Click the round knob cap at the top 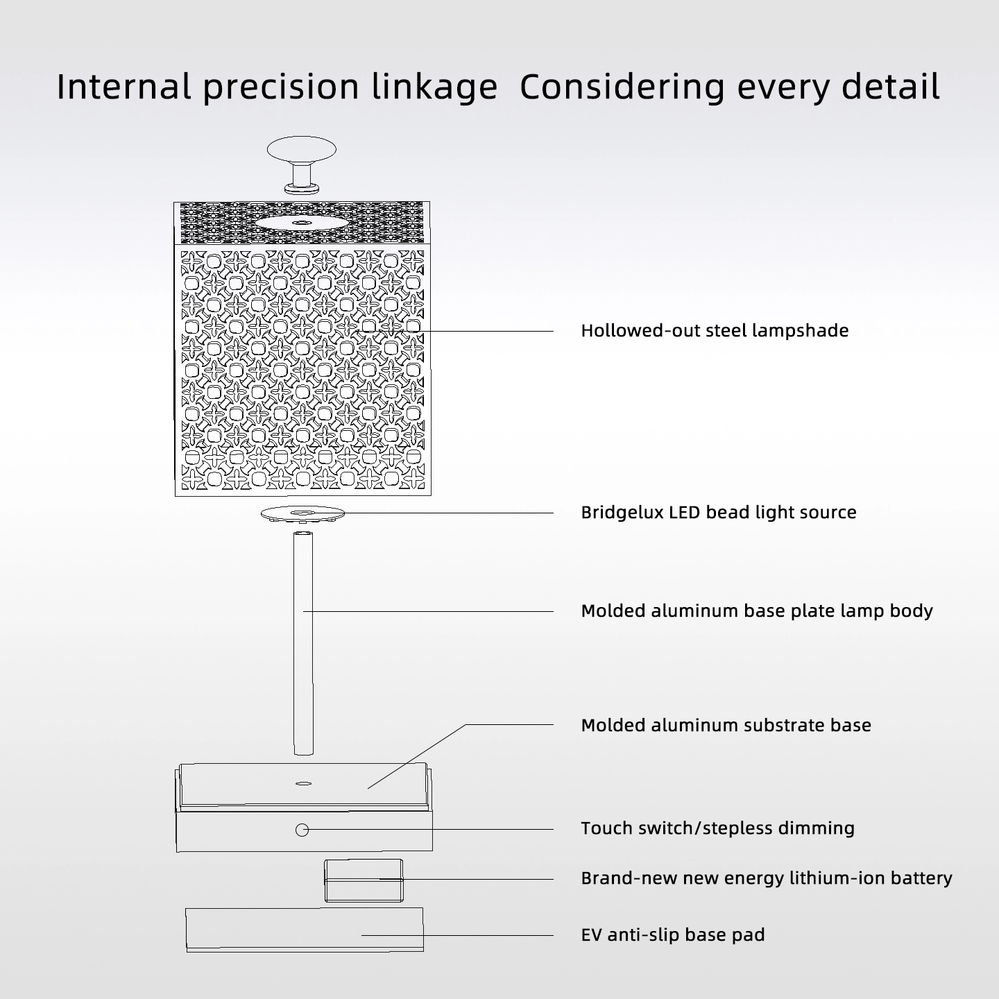pos(301,149)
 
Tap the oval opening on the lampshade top pos(300,223)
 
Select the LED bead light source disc pos(302,514)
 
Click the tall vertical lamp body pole pos(303,643)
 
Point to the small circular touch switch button pos(302,830)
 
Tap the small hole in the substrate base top pos(303,783)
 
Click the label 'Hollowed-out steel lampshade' pos(715,331)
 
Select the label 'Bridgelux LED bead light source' pos(719,513)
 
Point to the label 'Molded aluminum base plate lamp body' pos(757,611)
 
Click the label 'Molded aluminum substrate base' pos(726,725)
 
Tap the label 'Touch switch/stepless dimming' pos(717,828)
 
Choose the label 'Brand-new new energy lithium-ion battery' pos(766,878)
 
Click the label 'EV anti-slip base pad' pos(672,934)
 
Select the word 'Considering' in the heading pos(622,87)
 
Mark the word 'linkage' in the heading pos(434,87)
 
